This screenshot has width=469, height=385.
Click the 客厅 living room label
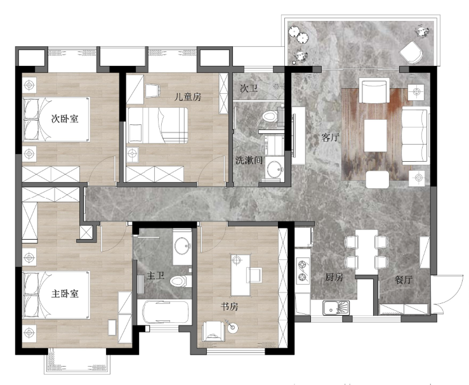tap(330, 137)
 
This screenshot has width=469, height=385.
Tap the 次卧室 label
tap(65, 119)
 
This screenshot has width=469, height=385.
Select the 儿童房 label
tap(188, 97)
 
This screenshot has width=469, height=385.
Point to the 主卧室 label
tap(65, 294)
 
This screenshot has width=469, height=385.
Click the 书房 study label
tap(229, 306)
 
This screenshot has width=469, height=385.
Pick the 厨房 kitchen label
tap(334, 277)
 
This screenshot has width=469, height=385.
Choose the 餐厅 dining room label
tap(404, 280)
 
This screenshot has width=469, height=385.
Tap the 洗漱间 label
tap(249, 160)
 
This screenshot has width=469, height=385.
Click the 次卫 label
tap(249, 89)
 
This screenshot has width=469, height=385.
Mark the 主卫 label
tap(155, 276)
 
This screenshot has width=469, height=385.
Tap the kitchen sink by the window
tap(336, 308)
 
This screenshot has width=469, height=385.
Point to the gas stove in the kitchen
tap(302, 271)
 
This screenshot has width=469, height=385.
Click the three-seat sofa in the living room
tap(415, 137)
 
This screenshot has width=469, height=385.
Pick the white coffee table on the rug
tap(375, 135)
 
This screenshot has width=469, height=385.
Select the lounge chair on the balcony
tap(411, 52)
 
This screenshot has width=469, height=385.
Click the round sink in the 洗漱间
tap(275, 169)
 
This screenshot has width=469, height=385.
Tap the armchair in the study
tap(213, 331)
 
